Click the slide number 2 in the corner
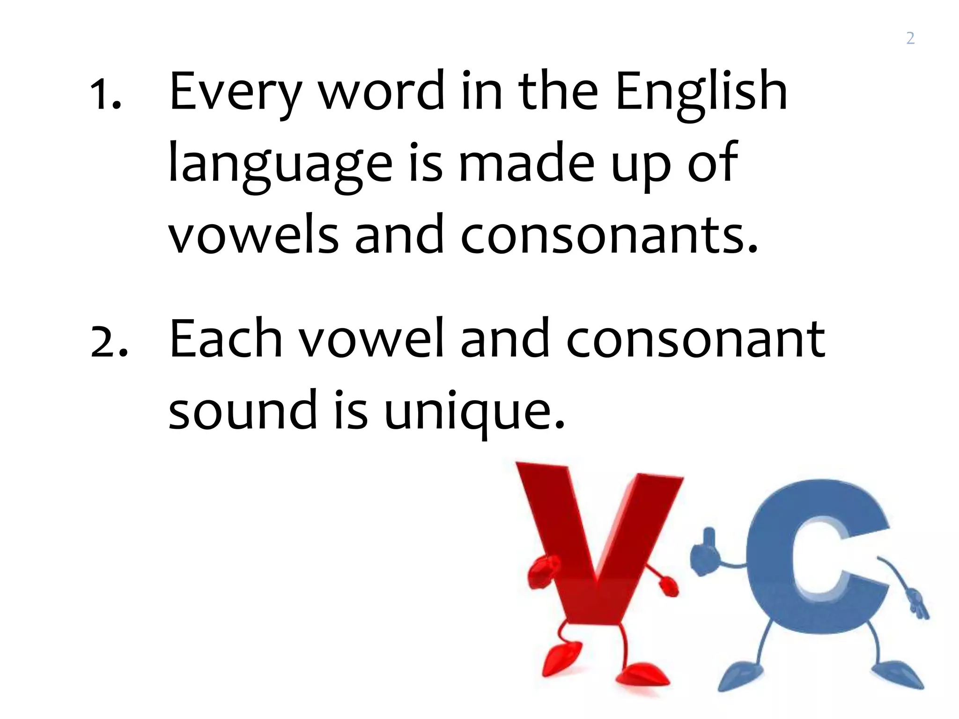910,38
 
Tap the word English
701,94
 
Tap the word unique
474,412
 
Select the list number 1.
105,94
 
